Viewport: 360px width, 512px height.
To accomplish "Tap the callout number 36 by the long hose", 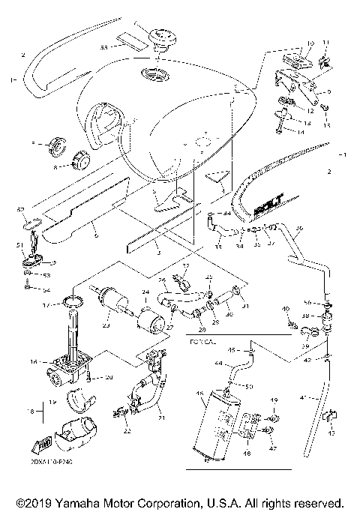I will [298, 227].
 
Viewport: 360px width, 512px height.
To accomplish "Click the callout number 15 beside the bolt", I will [326, 125].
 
